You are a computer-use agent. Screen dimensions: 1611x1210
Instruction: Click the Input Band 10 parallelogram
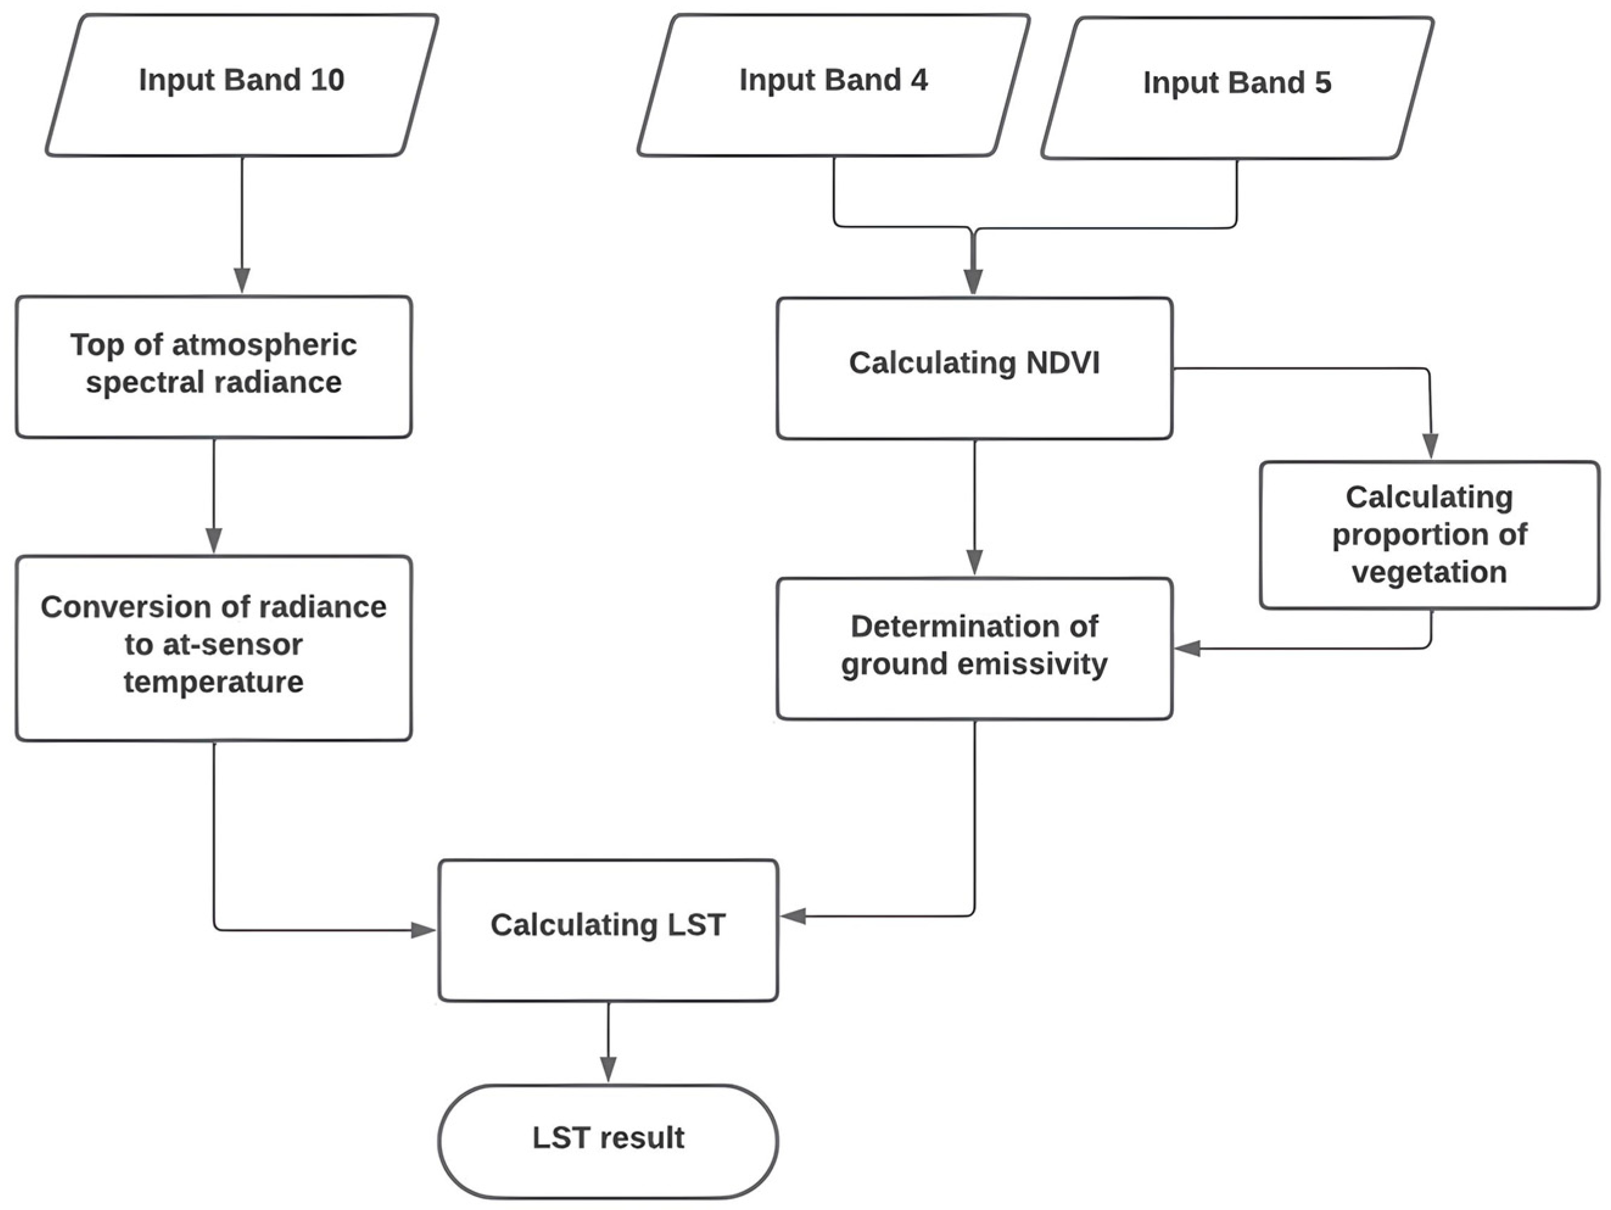click(x=242, y=85)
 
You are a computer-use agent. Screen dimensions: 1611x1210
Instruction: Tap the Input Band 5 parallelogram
click(x=1237, y=88)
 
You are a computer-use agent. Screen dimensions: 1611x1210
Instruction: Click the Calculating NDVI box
click(x=975, y=368)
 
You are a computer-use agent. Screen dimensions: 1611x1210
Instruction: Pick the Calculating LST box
click(x=608, y=930)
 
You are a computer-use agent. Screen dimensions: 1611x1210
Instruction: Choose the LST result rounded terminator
click(x=608, y=1142)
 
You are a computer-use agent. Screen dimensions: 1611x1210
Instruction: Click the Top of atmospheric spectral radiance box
click(x=213, y=367)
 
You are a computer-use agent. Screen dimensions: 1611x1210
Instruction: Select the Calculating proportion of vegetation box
click(x=1430, y=535)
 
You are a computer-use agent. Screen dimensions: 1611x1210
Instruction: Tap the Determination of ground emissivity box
click(x=975, y=649)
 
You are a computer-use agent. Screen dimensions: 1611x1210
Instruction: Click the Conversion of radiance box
click(x=213, y=649)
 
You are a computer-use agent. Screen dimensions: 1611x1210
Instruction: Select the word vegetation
click(x=1429, y=572)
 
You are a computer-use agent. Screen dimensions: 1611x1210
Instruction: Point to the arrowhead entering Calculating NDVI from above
click(x=973, y=282)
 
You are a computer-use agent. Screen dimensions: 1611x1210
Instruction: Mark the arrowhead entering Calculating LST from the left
click(x=423, y=930)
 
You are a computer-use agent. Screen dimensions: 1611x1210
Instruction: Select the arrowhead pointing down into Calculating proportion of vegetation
click(x=1430, y=446)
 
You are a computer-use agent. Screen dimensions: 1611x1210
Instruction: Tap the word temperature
click(x=213, y=683)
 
